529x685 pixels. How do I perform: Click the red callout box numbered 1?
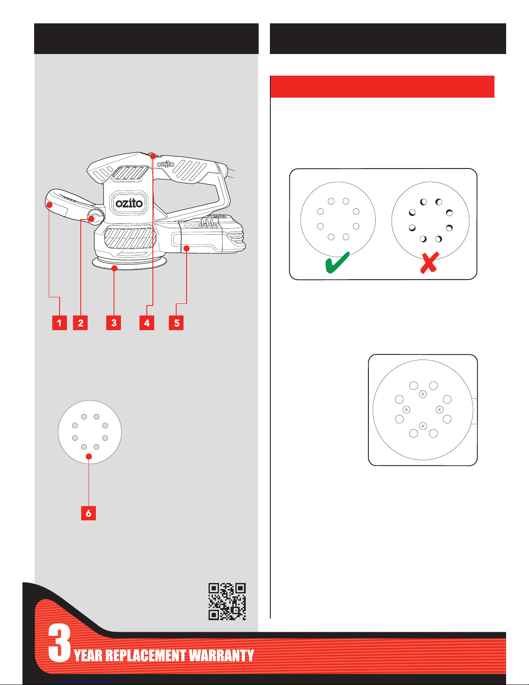pyautogui.click(x=59, y=322)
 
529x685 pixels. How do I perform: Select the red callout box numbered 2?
pyautogui.click(x=80, y=322)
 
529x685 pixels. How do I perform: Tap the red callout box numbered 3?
pyautogui.click(x=114, y=322)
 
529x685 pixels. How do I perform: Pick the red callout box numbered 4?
pyautogui.click(x=147, y=322)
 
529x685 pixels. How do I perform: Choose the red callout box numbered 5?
pyautogui.click(x=176, y=322)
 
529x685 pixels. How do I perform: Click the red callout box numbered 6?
pyautogui.click(x=89, y=513)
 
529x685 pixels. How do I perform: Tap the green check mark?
pyautogui.click(x=337, y=262)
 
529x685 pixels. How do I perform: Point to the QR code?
pyautogui.click(x=227, y=602)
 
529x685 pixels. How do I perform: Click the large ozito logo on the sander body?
pyautogui.click(x=129, y=203)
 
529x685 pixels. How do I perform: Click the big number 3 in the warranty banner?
pyautogui.click(x=59, y=643)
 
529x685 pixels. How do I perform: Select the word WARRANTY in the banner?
pyautogui.click(x=222, y=656)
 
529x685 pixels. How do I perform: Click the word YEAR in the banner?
pyautogui.click(x=88, y=656)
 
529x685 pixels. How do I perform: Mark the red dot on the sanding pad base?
pyautogui.click(x=114, y=268)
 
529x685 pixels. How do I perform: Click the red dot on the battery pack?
pyautogui.click(x=187, y=249)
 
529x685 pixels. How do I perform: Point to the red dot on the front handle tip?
pyautogui.click(x=49, y=205)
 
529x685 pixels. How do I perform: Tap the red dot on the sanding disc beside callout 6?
pyautogui.click(x=89, y=456)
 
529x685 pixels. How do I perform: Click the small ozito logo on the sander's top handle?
pyautogui.click(x=166, y=164)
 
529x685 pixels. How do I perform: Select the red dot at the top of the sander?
pyautogui.click(x=153, y=156)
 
